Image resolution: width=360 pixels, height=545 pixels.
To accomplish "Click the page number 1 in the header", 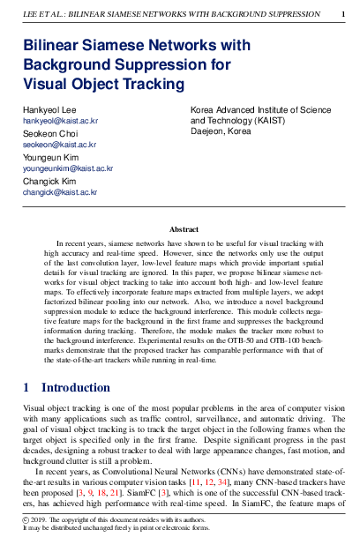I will [343, 15].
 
